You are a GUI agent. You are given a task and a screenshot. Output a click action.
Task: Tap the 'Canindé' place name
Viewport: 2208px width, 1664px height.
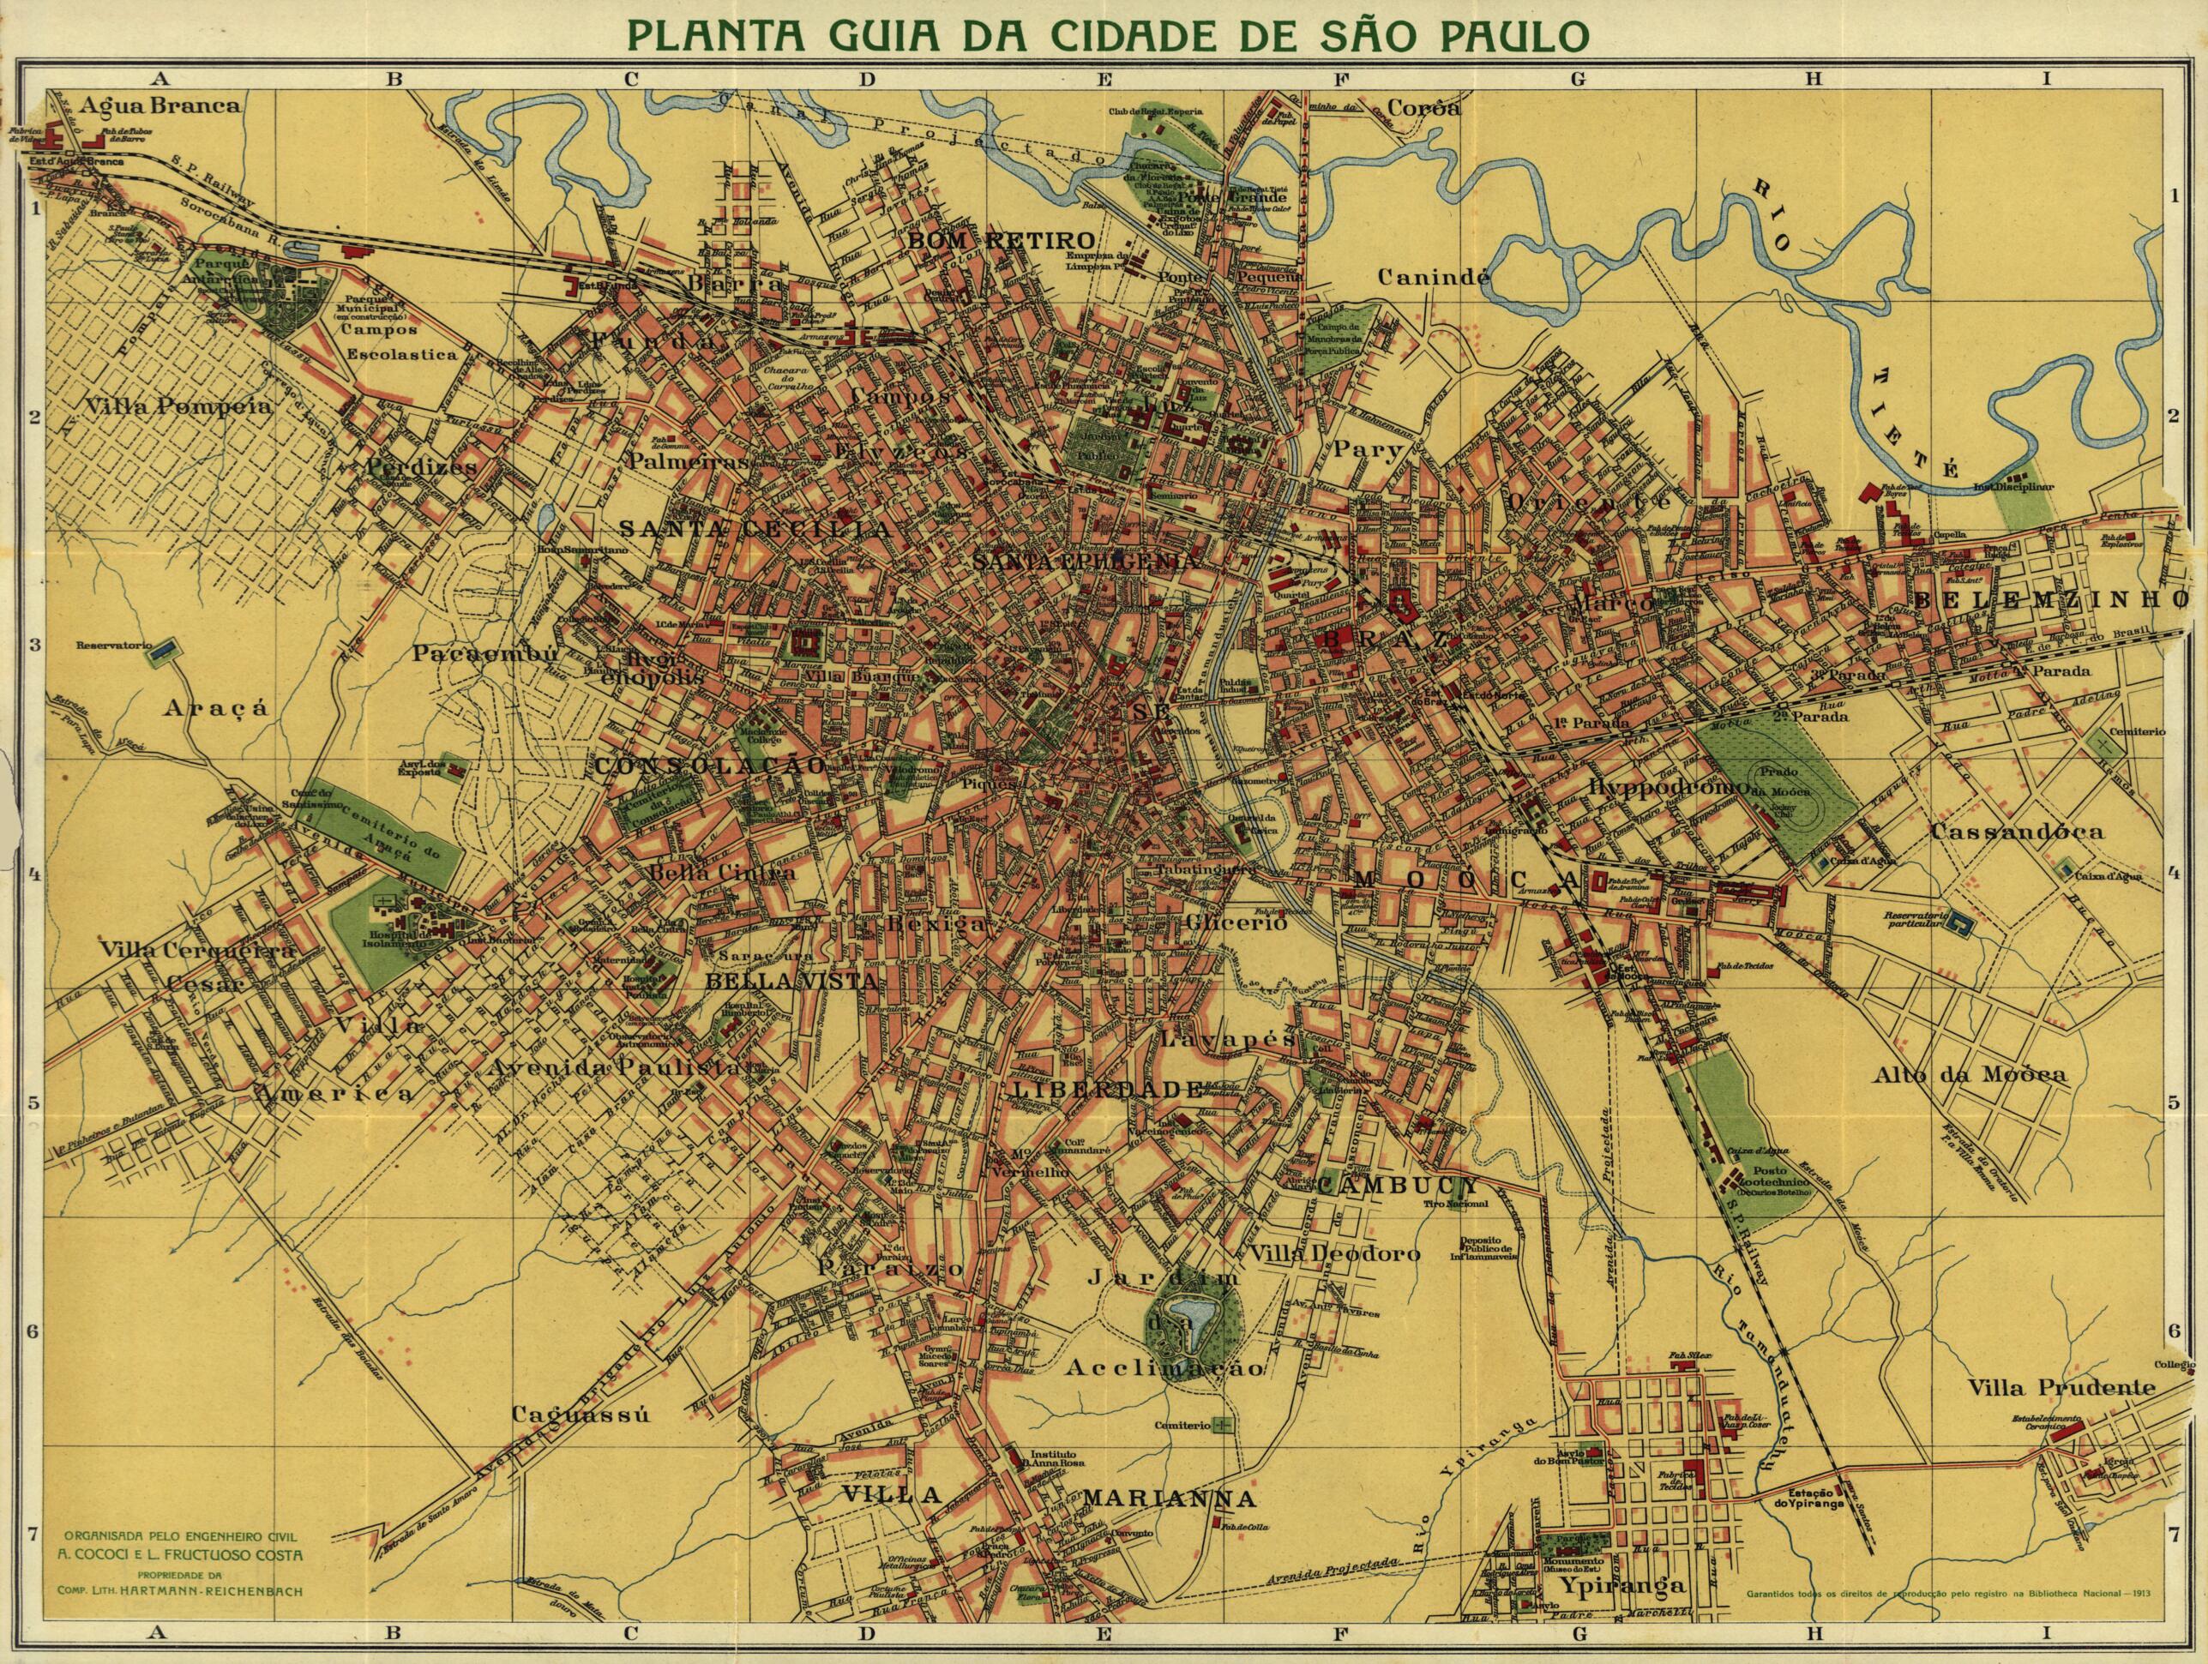pos(1434,277)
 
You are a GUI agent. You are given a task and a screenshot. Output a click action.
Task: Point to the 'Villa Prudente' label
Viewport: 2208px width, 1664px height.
pos(2062,1386)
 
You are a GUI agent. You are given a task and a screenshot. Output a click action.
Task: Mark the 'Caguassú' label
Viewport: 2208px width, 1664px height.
pos(581,1414)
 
